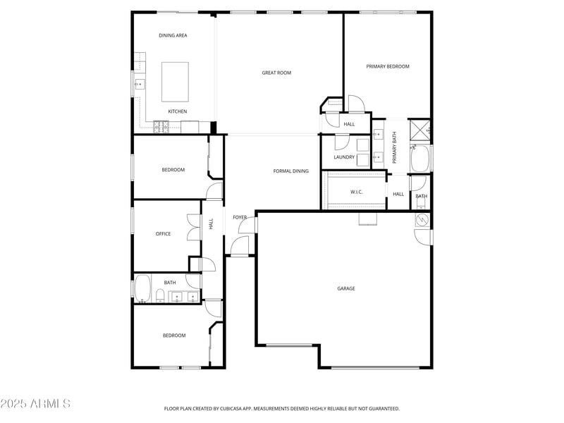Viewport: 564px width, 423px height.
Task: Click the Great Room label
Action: click(276, 73)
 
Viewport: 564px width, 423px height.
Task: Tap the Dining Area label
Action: click(173, 35)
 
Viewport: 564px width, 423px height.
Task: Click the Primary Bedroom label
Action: click(387, 66)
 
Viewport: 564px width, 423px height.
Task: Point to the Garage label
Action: click(345, 288)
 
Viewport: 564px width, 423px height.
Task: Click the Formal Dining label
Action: click(291, 171)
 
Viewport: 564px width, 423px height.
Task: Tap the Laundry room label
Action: click(344, 157)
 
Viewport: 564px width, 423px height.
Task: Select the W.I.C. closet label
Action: click(356, 192)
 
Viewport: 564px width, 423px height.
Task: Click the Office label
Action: click(163, 234)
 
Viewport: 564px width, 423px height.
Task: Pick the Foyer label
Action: click(240, 217)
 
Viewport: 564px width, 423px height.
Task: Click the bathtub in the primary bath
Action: click(421, 159)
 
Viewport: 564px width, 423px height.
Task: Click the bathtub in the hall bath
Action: click(143, 288)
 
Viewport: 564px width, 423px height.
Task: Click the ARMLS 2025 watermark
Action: click(35, 403)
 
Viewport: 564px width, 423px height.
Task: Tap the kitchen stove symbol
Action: click(162, 127)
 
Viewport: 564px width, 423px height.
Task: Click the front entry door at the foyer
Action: click(240, 245)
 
